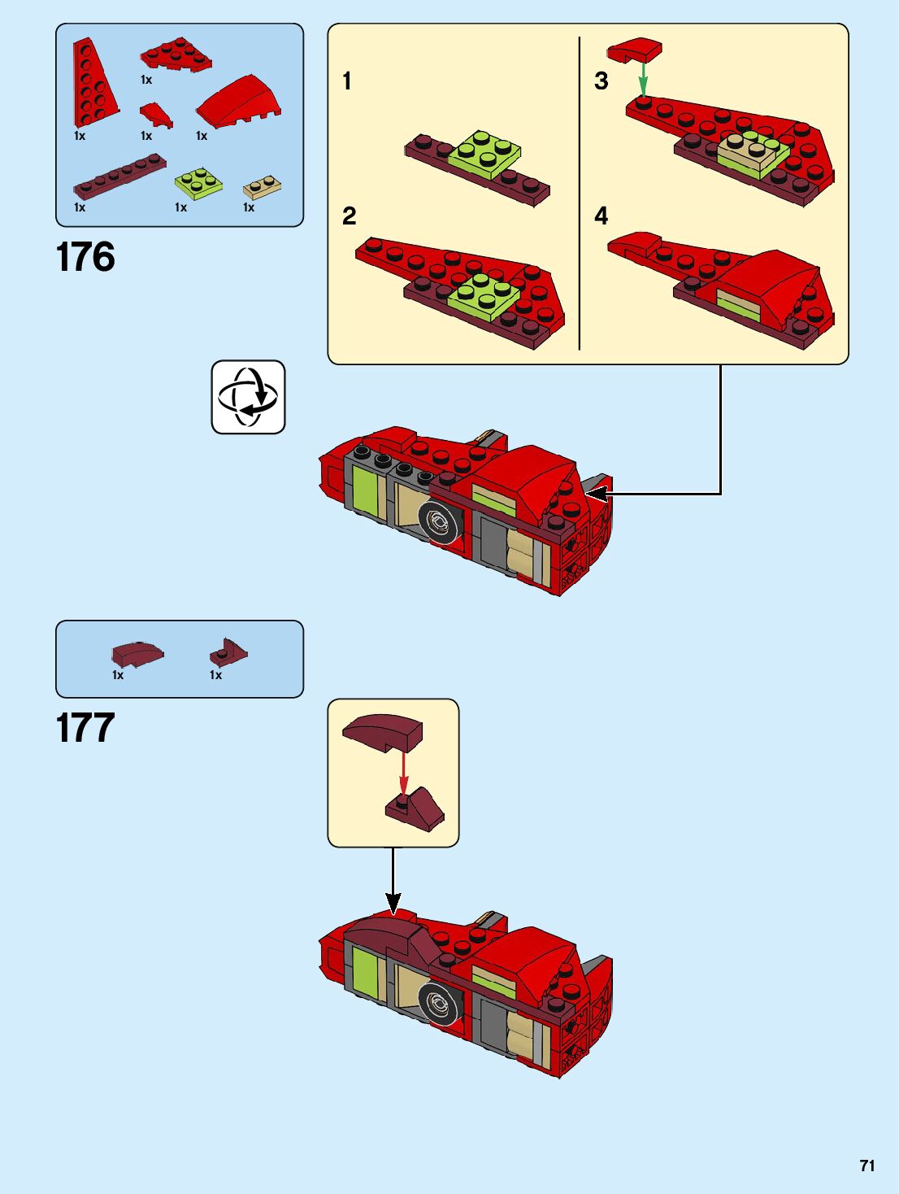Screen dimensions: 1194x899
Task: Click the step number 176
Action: click(x=85, y=257)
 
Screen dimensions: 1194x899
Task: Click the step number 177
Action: click(x=85, y=728)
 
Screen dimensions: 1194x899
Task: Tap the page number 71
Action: click(x=867, y=1166)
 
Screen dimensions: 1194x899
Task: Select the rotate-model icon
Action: click(x=248, y=397)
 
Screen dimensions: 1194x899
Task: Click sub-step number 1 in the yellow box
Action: click(x=347, y=81)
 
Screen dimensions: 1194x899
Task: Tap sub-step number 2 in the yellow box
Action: click(x=349, y=216)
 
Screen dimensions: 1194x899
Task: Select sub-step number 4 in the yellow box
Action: click(x=601, y=216)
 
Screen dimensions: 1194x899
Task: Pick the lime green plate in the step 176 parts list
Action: click(x=198, y=182)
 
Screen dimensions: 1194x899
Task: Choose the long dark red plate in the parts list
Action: click(x=119, y=176)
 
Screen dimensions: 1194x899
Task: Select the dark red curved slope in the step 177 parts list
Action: click(x=137, y=654)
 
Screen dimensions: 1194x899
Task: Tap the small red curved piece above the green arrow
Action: click(x=635, y=50)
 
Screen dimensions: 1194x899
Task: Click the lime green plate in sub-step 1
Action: click(x=484, y=153)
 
